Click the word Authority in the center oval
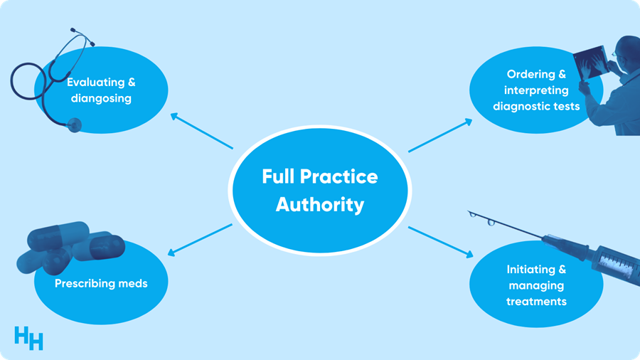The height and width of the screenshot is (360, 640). (320, 205)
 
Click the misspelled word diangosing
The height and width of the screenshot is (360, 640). (101, 98)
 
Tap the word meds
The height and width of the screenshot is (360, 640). (134, 283)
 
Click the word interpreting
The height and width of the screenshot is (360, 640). (536, 90)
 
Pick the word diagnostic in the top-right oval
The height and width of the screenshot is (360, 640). (523, 107)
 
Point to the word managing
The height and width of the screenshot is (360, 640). (536, 285)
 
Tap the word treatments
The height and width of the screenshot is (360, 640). (536, 301)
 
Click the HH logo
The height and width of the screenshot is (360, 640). (28, 337)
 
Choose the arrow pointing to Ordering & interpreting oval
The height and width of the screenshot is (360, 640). (440, 135)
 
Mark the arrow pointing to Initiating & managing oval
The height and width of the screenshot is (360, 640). (441, 242)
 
